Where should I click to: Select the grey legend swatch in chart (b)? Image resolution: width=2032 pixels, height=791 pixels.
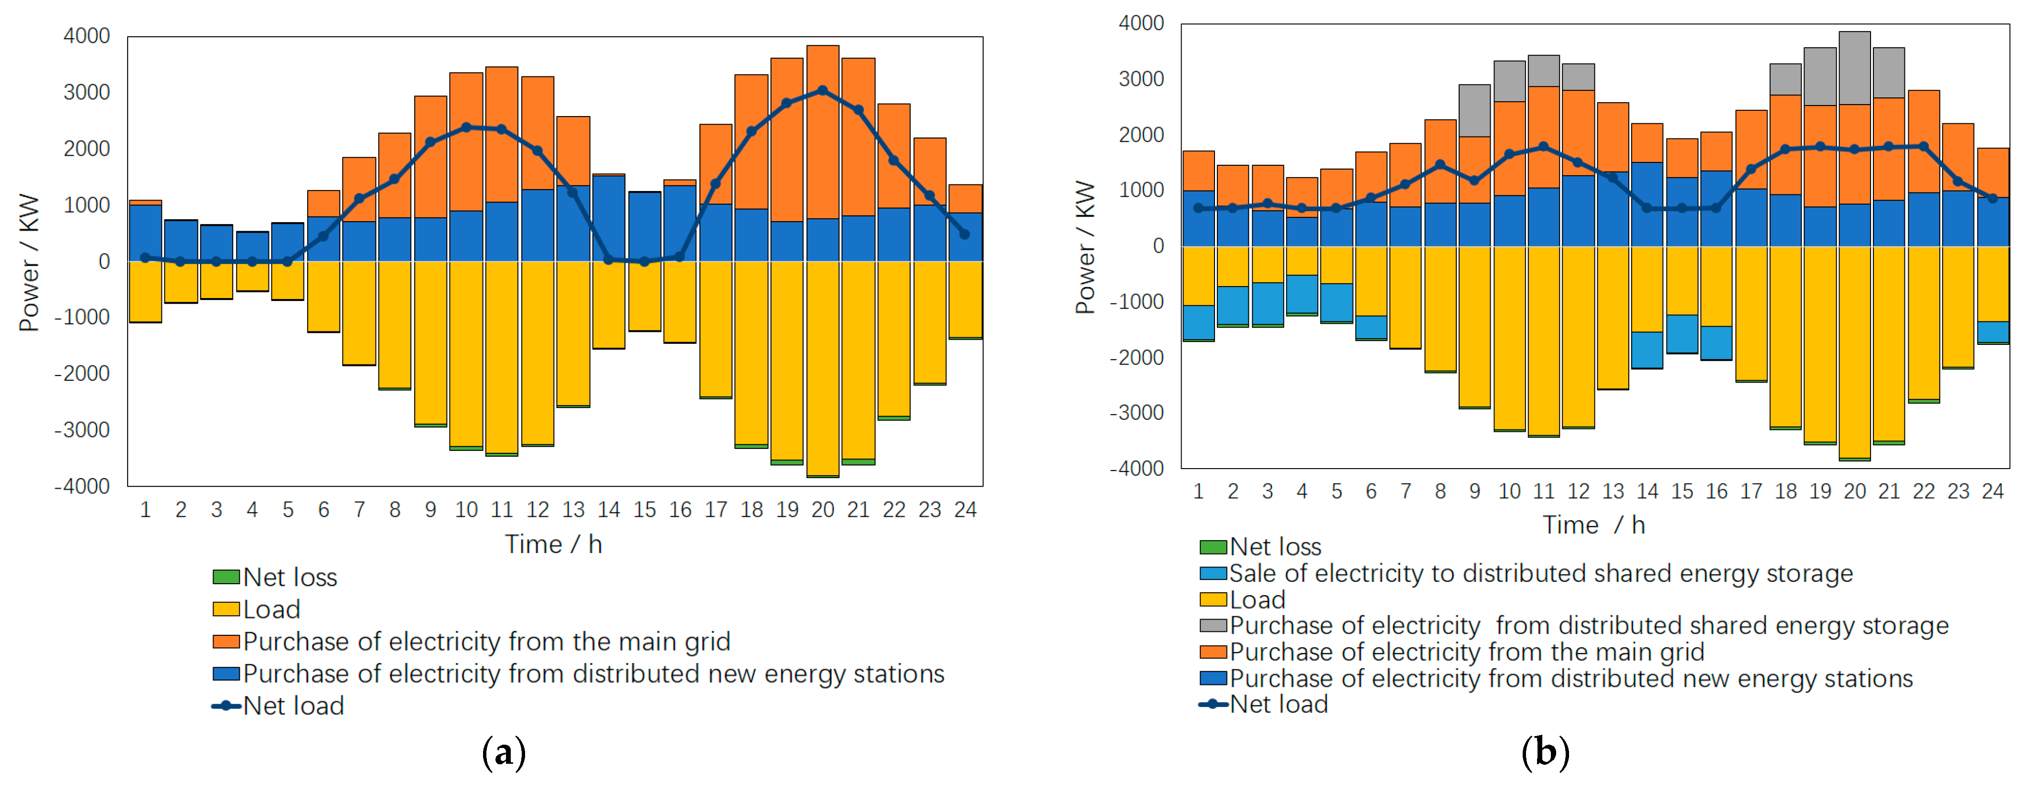(x=1213, y=625)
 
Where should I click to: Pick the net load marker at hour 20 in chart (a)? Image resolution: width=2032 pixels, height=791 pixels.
(x=823, y=91)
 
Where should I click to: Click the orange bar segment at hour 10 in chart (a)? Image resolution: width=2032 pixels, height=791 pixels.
(x=466, y=142)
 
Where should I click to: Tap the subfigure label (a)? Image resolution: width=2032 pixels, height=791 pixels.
(x=503, y=753)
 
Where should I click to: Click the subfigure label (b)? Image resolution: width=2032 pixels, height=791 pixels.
(x=1545, y=753)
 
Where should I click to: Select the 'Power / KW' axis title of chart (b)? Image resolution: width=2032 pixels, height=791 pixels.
(x=1086, y=247)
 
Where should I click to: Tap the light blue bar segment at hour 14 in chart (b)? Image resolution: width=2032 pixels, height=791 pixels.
(x=1647, y=349)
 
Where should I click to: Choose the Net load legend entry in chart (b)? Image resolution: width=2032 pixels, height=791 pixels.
(x=1278, y=704)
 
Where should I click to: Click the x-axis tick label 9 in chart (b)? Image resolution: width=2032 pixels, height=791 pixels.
(x=1474, y=492)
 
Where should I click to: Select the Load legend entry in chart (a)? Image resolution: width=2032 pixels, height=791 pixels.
(x=270, y=609)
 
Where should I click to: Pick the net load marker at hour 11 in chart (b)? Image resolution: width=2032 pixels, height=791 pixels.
(x=1544, y=147)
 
